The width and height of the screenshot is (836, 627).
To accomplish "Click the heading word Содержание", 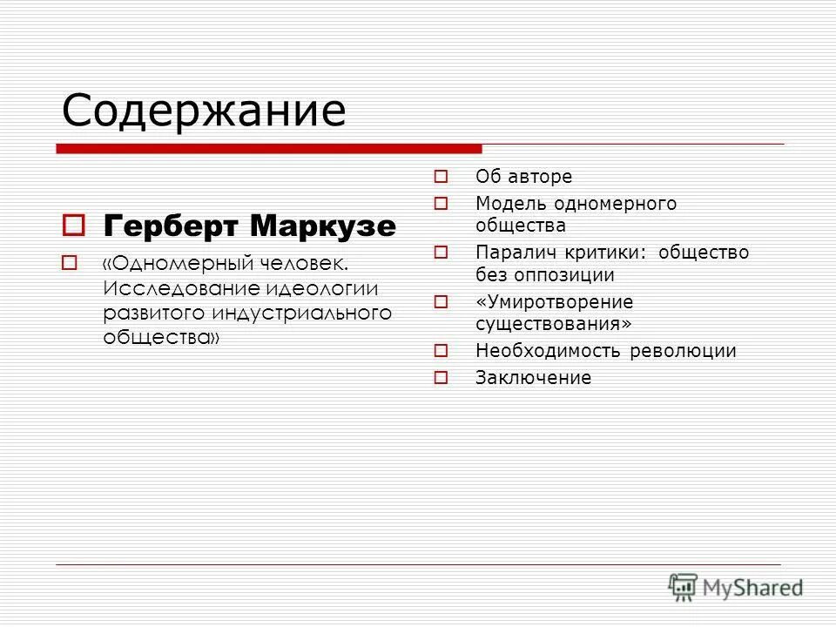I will (204, 111).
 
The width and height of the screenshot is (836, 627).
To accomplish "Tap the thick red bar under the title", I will (269, 149).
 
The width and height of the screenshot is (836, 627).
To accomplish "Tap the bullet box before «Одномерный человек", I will (71, 262).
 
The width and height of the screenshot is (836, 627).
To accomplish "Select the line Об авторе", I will (523, 177).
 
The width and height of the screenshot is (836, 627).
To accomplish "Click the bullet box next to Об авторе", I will (441, 177).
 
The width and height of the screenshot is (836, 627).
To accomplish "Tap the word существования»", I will (553, 324).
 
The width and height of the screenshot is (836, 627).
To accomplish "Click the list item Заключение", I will (533, 378).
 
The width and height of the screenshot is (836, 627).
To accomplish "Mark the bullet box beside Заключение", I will (441, 378).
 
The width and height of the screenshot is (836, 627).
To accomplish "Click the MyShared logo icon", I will (684, 587).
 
